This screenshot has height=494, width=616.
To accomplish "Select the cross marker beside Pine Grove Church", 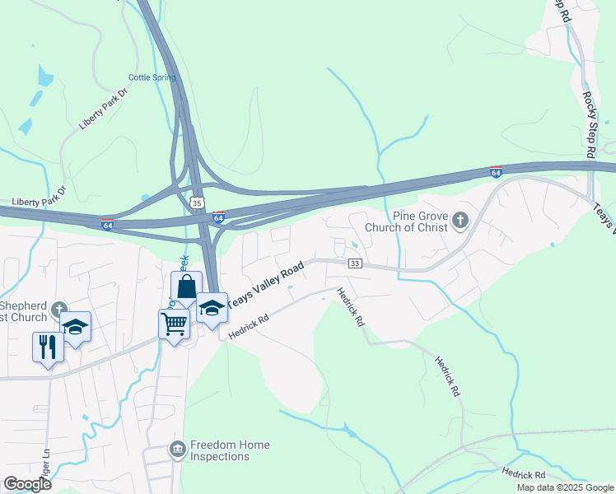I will point(460,220).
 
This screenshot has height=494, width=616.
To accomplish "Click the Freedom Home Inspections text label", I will point(230,450).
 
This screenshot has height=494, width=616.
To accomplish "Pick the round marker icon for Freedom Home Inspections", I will point(176,450).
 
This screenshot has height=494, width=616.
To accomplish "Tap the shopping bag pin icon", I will point(186,287).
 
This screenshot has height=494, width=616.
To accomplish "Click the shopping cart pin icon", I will point(174,324).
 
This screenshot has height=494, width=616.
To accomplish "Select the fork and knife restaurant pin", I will point(47,346).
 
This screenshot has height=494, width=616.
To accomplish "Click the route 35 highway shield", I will point(196,202).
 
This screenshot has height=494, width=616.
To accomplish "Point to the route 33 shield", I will point(355,263).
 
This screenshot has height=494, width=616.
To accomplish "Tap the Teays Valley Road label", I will point(265,286).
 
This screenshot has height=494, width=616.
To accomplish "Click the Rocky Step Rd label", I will point(589,123).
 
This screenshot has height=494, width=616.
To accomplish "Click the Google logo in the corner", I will point(27,483).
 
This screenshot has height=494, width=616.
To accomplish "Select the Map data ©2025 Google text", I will point(564,487).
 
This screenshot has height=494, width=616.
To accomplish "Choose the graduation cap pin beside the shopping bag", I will point(212,307).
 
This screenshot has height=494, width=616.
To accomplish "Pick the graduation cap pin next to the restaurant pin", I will point(76,326).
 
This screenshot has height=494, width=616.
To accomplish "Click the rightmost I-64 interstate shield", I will point(495,172).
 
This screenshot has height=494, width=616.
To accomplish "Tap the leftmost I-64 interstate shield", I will point(108,224).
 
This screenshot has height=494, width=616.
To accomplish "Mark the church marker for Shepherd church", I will point(58,310).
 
